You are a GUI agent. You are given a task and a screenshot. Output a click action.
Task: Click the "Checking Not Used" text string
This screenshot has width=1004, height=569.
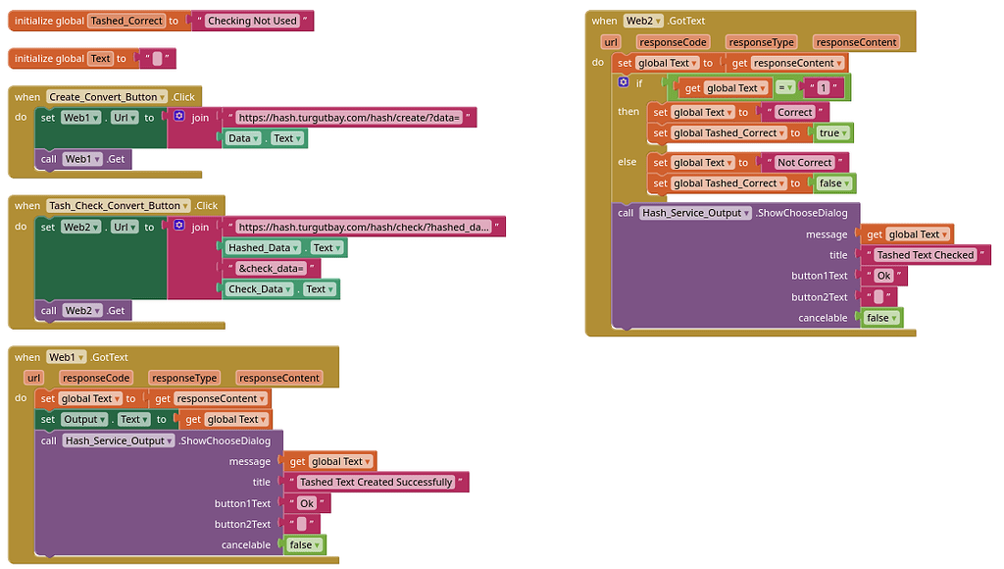coord(252,21)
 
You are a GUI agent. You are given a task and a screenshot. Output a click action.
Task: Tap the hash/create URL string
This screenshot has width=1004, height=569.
coord(349,118)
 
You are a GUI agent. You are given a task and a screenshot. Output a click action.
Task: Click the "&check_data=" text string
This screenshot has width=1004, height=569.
coord(272,269)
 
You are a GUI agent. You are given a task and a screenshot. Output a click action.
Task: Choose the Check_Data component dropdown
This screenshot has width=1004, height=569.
coord(258,289)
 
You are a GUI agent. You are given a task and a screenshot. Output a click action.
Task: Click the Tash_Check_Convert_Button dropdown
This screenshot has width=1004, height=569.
coord(119,206)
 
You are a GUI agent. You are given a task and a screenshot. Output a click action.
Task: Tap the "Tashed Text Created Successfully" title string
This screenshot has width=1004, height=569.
coord(376,483)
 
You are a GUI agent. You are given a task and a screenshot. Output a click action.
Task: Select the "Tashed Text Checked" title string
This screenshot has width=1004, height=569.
coord(925,255)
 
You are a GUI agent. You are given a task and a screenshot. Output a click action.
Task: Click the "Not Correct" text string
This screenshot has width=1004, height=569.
coord(804,163)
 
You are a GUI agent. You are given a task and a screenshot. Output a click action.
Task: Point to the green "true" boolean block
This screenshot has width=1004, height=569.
coord(832,132)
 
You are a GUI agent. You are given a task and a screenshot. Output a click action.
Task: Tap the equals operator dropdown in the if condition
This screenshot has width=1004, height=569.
coord(784,88)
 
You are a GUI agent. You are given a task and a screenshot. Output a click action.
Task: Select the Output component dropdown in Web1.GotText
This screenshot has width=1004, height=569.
coord(82,420)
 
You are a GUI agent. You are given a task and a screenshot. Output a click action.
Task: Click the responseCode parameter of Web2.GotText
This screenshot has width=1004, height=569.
coord(673,42)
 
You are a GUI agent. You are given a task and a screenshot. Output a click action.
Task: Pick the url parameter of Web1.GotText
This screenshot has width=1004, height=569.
coord(34,378)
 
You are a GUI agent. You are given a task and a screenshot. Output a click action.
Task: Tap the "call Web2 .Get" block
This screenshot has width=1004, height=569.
coord(84,311)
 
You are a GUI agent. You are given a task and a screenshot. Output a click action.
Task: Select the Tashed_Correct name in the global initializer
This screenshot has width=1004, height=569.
coord(125,21)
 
